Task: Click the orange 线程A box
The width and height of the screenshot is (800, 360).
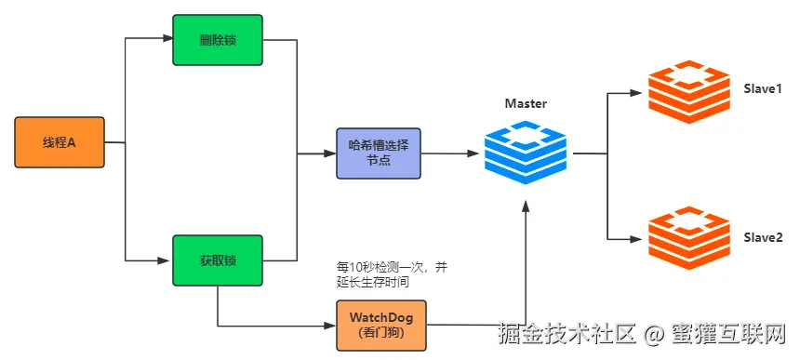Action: point(60,142)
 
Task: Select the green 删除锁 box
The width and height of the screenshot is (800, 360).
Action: point(218,39)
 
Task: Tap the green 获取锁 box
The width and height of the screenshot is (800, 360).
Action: point(218,260)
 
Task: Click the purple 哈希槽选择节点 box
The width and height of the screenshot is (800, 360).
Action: point(378,153)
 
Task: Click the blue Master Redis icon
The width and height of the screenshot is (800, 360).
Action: point(526,152)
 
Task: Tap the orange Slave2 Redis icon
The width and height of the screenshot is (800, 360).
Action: point(689,238)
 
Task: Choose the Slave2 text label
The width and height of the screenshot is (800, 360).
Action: point(762,238)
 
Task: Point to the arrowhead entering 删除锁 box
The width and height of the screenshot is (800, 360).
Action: point(167,39)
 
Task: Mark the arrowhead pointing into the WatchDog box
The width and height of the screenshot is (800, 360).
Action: point(330,326)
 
